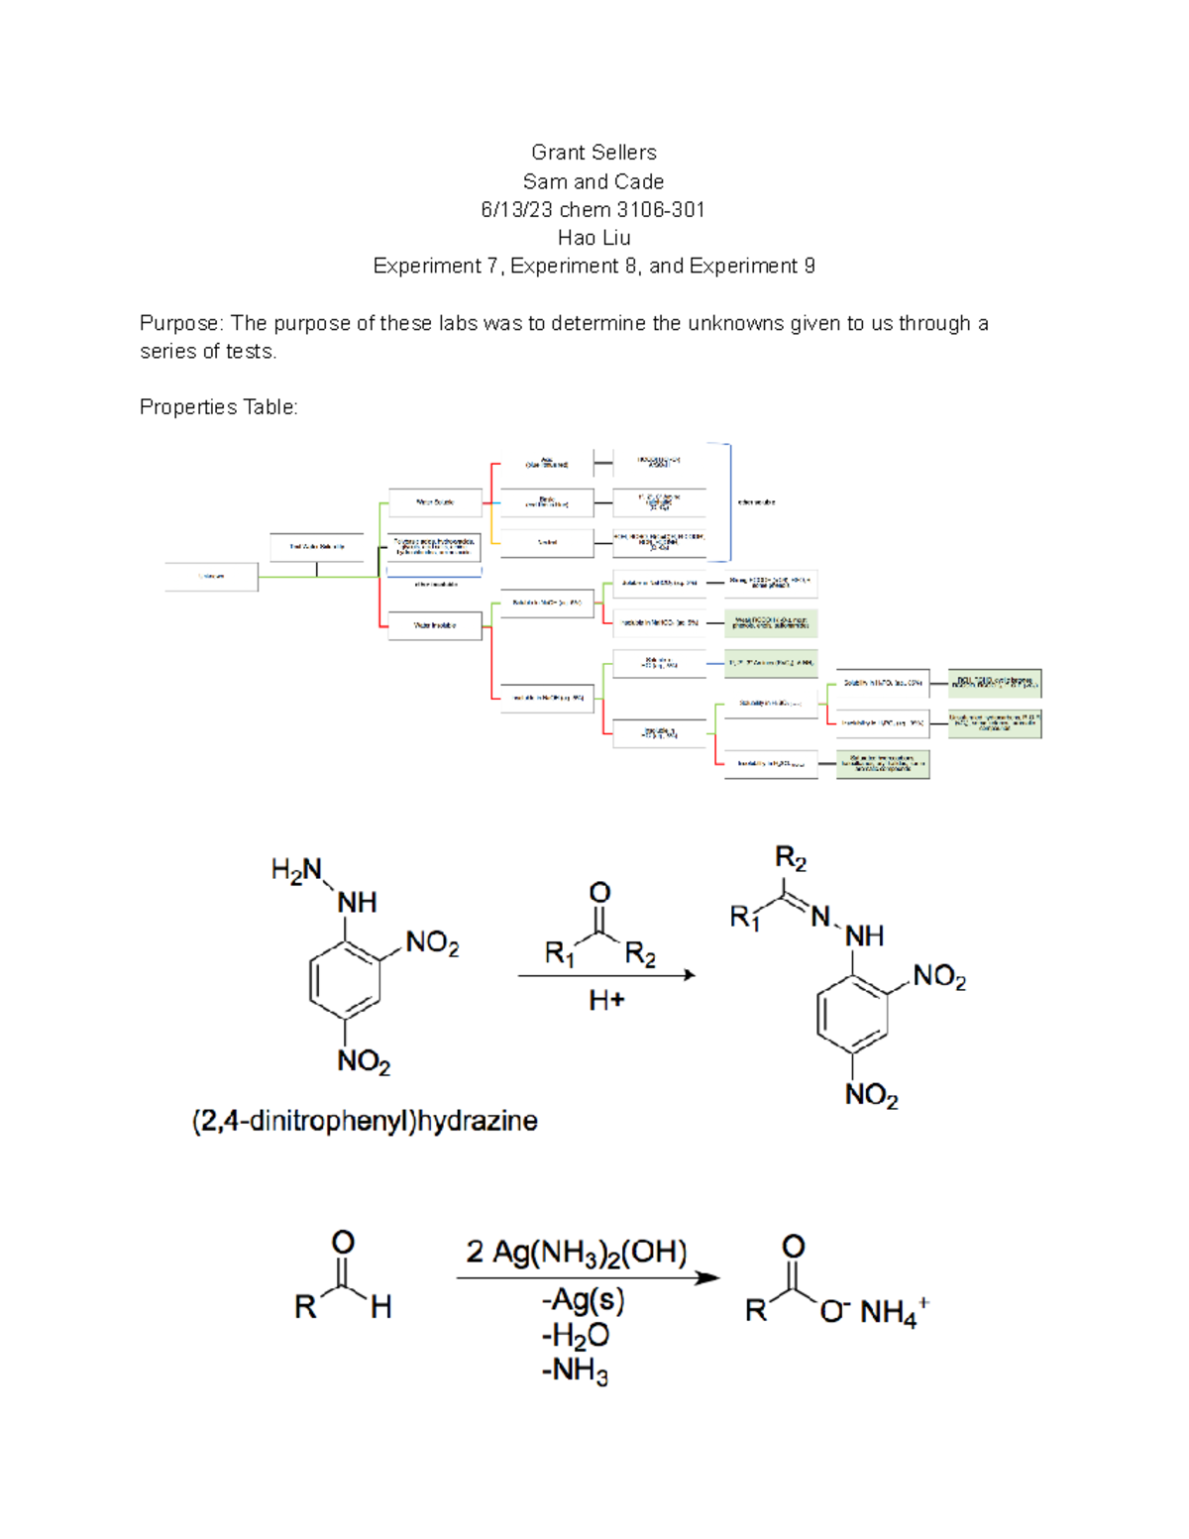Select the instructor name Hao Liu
[x=594, y=238]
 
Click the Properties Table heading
[x=218, y=407]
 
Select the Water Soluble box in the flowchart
[x=435, y=502]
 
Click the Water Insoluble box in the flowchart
[x=435, y=625]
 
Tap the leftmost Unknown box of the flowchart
[x=211, y=576]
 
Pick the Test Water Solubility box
[x=317, y=546]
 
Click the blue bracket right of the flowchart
[x=729, y=502]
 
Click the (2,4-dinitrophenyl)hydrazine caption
[x=365, y=1121]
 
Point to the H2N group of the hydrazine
[x=296, y=871]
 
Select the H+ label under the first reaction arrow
[x=606, y=1001]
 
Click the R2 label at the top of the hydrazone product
[x=791, y=858]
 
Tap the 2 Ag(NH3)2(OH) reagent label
[x=577, y=1253]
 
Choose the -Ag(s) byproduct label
[x=583, y=1300]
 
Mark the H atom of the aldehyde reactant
[x=381, y=1308]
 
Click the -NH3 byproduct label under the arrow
[x=575, y=1372]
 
